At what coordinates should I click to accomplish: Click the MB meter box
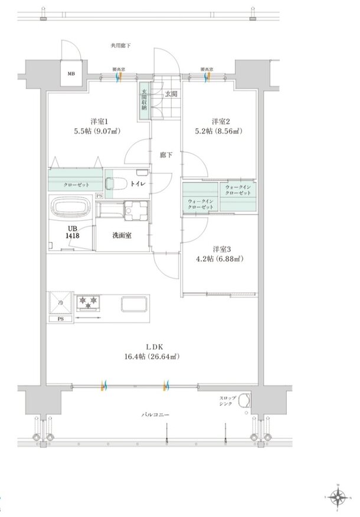pos(71,74)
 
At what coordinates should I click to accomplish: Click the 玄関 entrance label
pos(171,93)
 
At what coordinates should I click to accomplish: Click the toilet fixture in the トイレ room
pos(115,182)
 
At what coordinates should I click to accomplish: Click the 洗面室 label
pos(122,235)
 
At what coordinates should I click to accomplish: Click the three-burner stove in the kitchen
pos(89,303)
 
